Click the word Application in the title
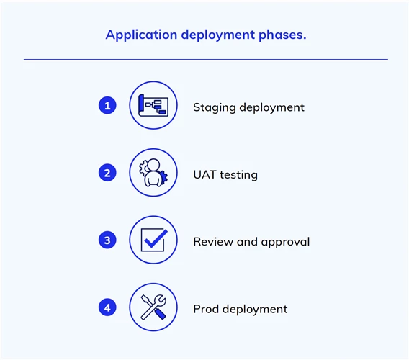[141, 35]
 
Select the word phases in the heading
[282, 35]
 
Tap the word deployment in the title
[217, 35]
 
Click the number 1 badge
[107, 105]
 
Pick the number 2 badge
[107, 173]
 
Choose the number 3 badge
[107, 240]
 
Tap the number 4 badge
[107, 307]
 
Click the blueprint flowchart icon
[153, 105]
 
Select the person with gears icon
[153, 173]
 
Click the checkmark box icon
[154, 240]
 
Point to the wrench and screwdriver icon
[153, 307]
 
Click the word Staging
[215, 107]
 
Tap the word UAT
[204, 174]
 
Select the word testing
[238, 175]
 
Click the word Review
[213, 242]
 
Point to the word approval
[286, 242]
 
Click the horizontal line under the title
[206, 60]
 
